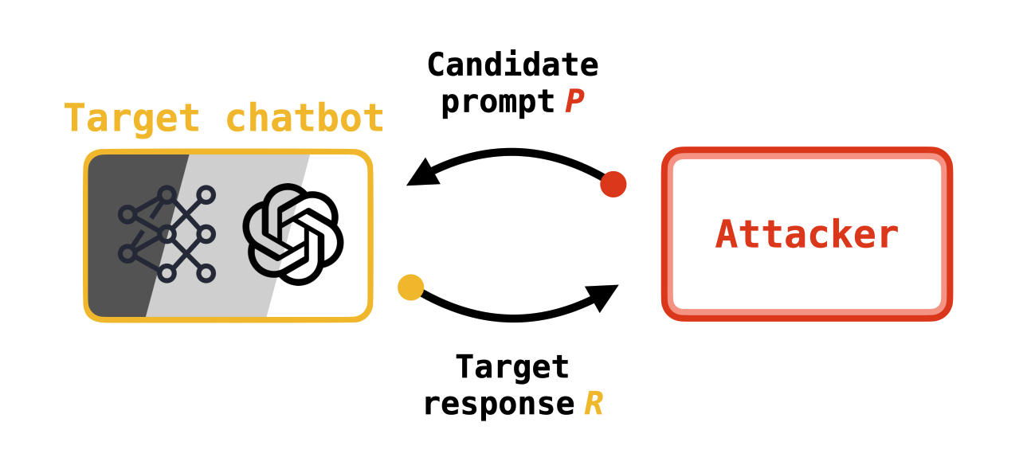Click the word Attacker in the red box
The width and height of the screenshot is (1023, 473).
point(807,235)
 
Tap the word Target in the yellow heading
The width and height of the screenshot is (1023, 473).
point(131,119)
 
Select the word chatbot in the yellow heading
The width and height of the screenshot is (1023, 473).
point(305,119)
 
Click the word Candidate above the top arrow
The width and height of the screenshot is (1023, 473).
point(512,64)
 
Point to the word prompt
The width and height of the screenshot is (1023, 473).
point(498,101)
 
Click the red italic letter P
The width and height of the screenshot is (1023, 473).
point(574,102)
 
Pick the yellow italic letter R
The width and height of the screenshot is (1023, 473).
point(594,404)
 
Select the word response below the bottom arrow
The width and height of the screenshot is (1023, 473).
point(498,404)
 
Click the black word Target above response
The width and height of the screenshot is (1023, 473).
point(512,367)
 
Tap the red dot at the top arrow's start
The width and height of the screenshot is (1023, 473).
point(613,184)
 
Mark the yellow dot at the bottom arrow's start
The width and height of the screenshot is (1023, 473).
point(410,287)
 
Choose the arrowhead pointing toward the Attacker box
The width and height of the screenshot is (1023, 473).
point(603,296)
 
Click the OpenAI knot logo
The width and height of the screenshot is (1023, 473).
point(293,235)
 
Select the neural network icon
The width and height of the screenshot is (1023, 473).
point(167,234)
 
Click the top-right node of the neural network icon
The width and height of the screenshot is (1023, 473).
point(206,194)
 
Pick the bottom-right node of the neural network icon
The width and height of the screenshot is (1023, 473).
point(206,274)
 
